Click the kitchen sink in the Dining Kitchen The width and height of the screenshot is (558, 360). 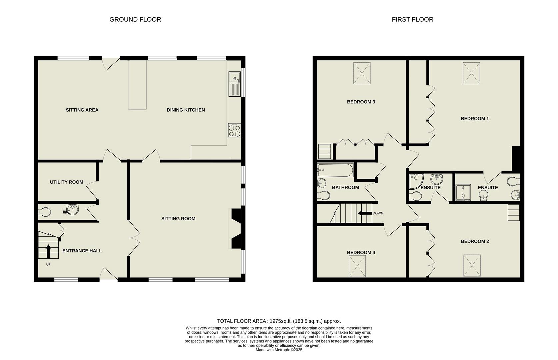(x=234, y=84)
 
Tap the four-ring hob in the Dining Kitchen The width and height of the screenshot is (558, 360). (x=234, y=130)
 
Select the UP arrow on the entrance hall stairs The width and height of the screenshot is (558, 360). (x=48, y=251)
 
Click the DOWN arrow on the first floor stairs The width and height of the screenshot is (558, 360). (x=364, y=213)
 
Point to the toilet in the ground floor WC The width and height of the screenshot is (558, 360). (x=45, y=212)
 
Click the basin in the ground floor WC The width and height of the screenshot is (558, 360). (x=73, y=209)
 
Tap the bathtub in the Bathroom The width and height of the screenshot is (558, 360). (x=335, y=170)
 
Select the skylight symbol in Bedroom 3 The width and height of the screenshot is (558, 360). (x=362, y=73)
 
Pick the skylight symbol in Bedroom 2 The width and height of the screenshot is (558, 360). (x=472, y=265)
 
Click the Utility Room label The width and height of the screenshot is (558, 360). (x=67, y=182)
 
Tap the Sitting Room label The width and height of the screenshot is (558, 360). (x=178, y=219)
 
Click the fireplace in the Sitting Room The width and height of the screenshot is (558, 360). (x=236, y=228)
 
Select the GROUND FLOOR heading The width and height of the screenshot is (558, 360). (x=135, y=20)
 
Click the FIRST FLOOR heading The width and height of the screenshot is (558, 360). (x=412, y=20)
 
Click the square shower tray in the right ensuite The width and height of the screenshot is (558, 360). (x=463, y=193)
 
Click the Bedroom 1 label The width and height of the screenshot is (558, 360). (x=475, y=119)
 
